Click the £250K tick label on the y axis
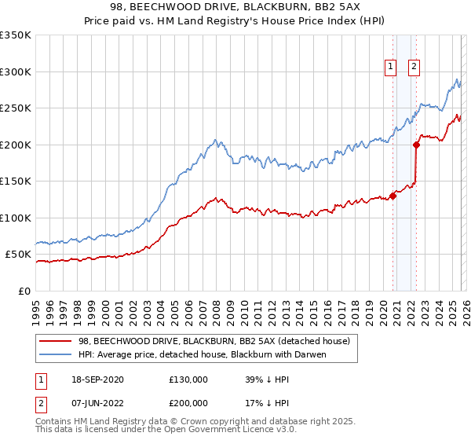coord(16,108)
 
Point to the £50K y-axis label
coord(18,255)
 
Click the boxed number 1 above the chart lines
coord(391,68)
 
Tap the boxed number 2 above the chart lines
coord(414,68)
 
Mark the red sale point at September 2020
coord(392,196)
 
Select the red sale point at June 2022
coord(416,145)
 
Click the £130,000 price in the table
coord(188,379)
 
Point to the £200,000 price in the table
coord(188,405)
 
